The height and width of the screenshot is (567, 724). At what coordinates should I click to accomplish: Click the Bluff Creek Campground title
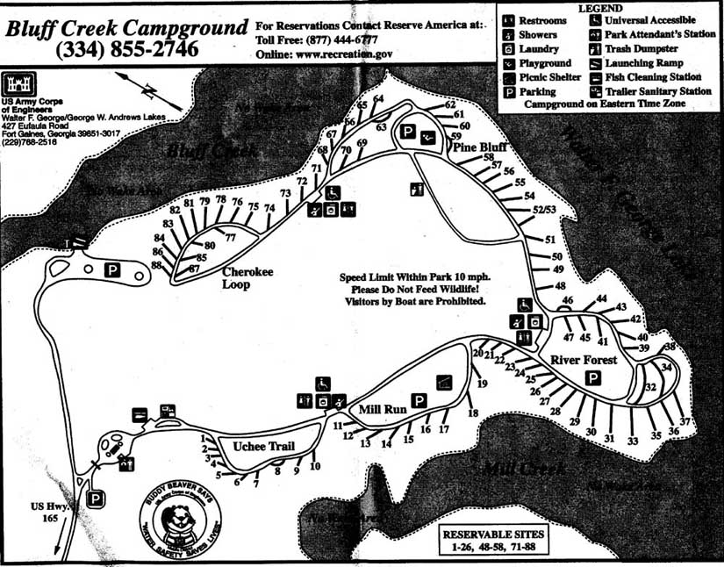[125, 28]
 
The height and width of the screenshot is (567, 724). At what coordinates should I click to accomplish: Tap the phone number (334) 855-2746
[126, 50]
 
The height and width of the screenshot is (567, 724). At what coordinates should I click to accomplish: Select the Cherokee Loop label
[247, 277]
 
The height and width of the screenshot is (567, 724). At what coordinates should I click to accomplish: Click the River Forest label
[584, 360]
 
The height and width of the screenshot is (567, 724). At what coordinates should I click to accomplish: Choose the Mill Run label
[383, 409]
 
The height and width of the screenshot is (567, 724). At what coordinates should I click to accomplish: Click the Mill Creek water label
[526, 469]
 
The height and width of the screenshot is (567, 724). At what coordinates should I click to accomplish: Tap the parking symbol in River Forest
[593, 378]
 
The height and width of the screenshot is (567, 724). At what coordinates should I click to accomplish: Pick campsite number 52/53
[545, 210]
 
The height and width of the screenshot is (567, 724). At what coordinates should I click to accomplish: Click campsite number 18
[473, 413]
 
